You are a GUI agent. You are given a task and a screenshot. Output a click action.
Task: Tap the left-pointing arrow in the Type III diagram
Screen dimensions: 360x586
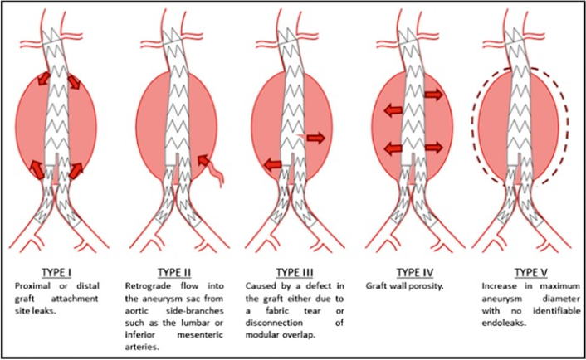tap(274, 167)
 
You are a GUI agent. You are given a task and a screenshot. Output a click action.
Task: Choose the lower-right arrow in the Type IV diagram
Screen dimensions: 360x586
tap(432, 148)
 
